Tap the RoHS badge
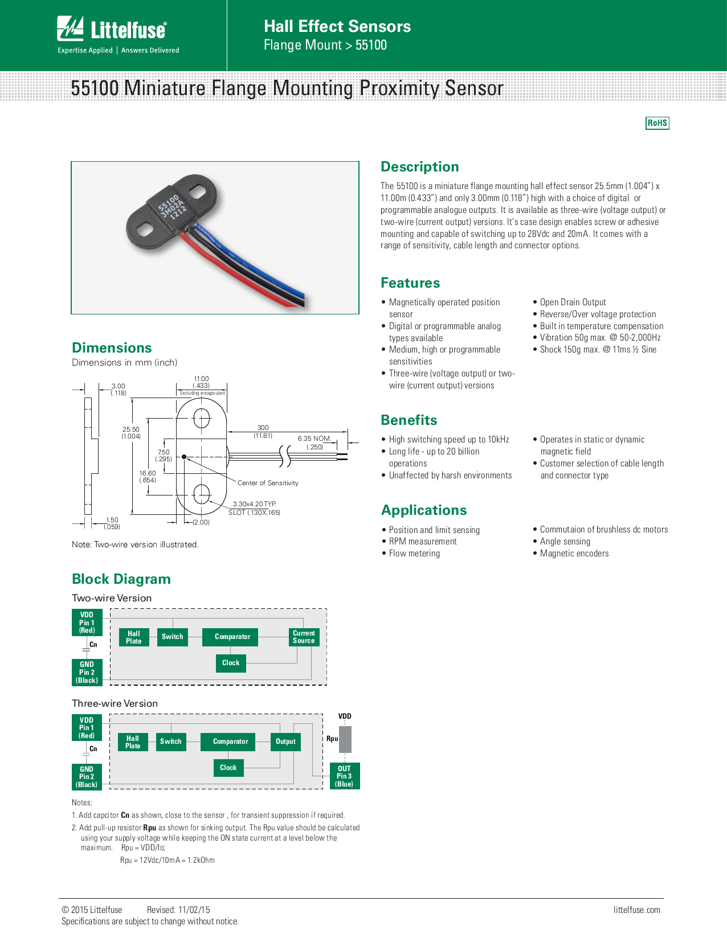(x=657, y=123)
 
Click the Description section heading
(x=419, y=167)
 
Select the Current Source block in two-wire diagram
(x=304, y=637)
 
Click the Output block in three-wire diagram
(x=285, y=742)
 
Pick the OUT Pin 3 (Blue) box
(x=344, y=776)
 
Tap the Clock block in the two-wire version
(x=231, y=663)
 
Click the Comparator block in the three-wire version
(x=230, y=742)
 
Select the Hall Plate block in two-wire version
(x=134, y=637)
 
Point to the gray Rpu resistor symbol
(x=345, y=739)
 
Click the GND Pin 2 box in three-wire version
(x=87, y=777)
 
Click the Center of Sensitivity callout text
(x=268, y=483)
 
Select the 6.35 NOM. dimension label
(x=314, y=439)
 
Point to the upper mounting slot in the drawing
(x=202, y=419)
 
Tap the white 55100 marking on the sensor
(x=169, y=203)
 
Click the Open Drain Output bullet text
(x=573, y=302)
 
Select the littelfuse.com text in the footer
(x=636, y=910)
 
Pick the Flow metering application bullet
(x=414, y=554)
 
